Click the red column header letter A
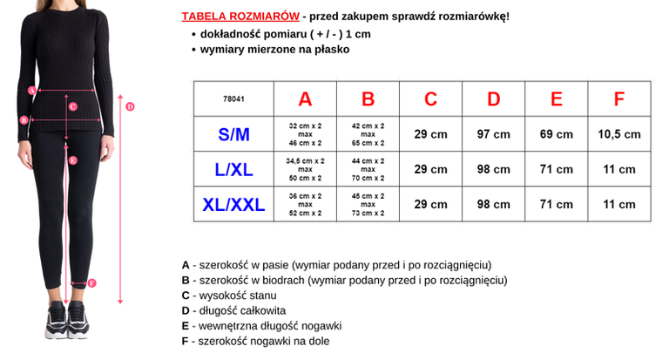click(305, 99)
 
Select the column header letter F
click(619, 99)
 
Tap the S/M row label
click(233, 134)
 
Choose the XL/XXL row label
click(233, 205)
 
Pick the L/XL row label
click(233, 170)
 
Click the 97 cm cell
click(494, 134)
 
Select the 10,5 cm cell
click(619, 134)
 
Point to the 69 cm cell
click(557, 134)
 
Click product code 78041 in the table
click(233, 99)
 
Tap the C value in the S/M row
click(431, 134)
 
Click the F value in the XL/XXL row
click(619, 205)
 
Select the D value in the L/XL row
click(494, 170)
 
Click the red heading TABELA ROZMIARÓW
click(240, 17)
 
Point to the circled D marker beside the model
click(130, 107)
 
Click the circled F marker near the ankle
click(92, 282)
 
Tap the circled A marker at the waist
click(31, 90)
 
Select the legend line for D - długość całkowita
click(233, 310)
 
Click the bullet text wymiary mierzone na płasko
click(274, 50)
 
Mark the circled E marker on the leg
click(73, 160)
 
